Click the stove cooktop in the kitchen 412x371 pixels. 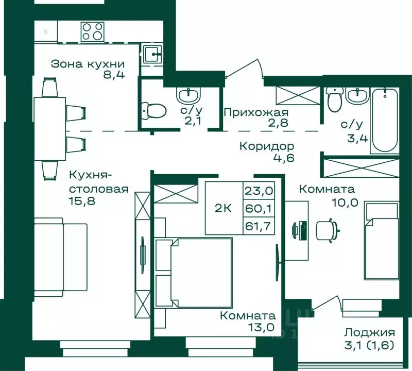[93, 30]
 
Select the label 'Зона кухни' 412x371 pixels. [88, 64]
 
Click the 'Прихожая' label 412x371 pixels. [255, 112]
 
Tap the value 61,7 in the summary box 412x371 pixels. [260, 225]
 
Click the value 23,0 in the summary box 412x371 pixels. [260, 191]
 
